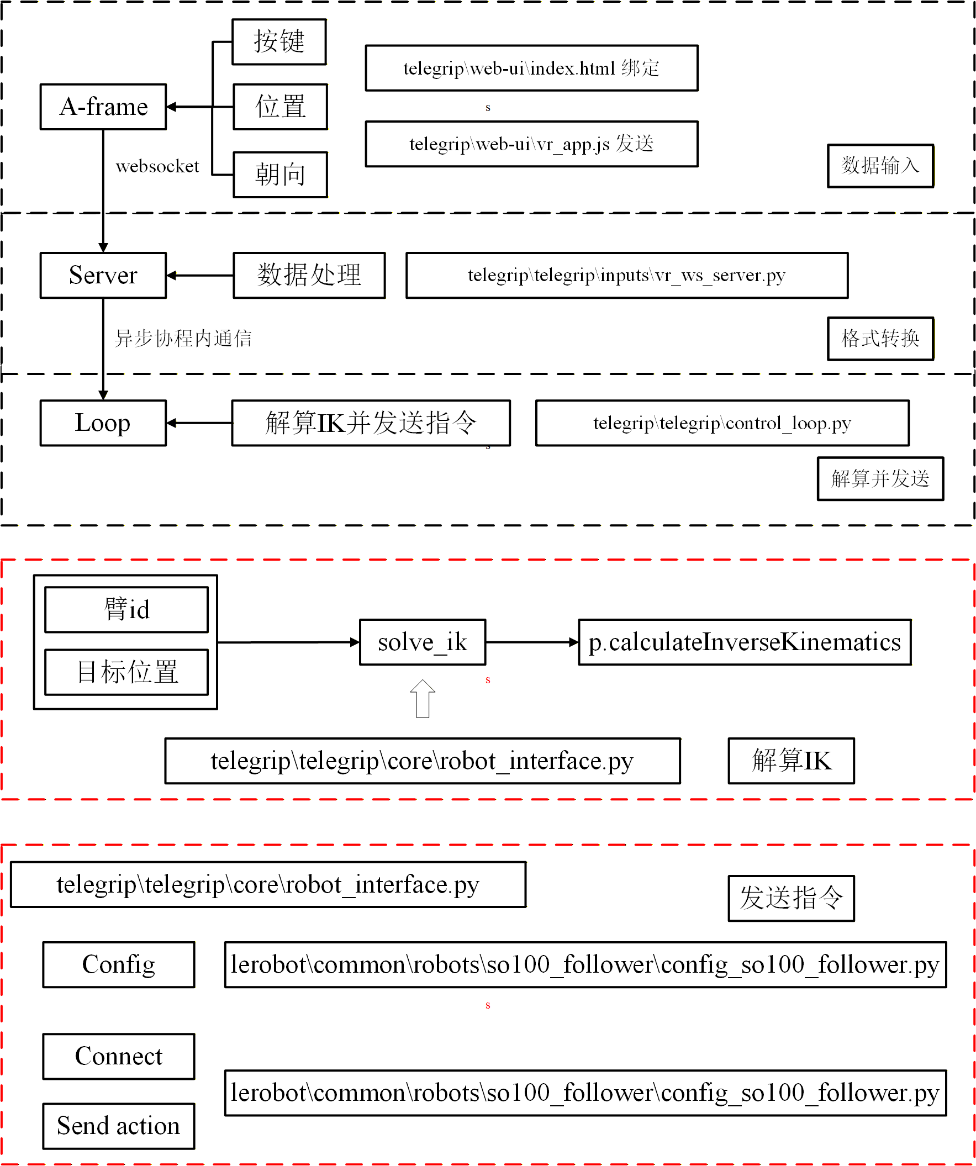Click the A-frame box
pyautogui.click(x=103, y=107)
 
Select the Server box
pyautogui.click(x=103, y=276)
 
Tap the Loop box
pyautogui.click(x=103, y=423)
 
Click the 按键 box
pyautogui.click(x=279, y=42)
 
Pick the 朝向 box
pyautogui.click(x=280, y=175)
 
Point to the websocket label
pyautogui.click(x=157, y=166)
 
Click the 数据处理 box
pyautogui.click(x=309, y=276)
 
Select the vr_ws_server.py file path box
pyautogui.click(x=626, y=276)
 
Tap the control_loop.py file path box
pyautogui.click(x=722, y=423)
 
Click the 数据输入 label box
pyautogui.click(x=880, y=166)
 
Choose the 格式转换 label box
pyautogui.click(x=880, y=339)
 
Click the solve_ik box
pyautogui.click(x=423, y=642)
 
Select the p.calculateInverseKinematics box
pyautogui.click(x=745, y=642)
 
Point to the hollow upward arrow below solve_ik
pyautogui.click(x=423, y=699)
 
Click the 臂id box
pyautogui.click(x=126, y=610)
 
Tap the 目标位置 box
pyautogui.click(x=126, y=672)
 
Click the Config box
pyautogui.click(x=119, y=964)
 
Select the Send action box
pyautogui.click(x=119, y=1126)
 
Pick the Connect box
pyautogui.click(x=119, y=1056)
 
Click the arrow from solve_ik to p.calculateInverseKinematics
pyautogui.click(x=532, y=642)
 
